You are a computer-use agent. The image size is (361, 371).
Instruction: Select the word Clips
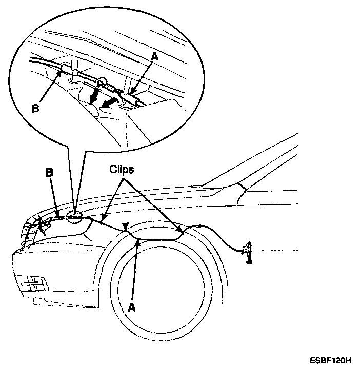click(121, 170)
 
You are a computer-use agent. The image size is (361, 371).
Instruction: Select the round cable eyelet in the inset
click(103, 80)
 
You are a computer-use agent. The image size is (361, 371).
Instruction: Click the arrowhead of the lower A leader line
click(137, 242)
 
